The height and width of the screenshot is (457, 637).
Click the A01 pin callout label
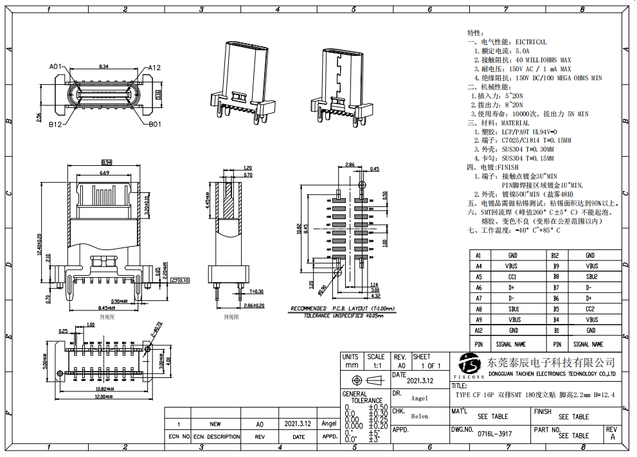(x=55, y=66)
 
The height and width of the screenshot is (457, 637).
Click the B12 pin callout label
(x=55, y=125)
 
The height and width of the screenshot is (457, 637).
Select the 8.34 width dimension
(x=103, y=66)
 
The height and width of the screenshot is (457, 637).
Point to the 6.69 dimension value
(x=104, y=173)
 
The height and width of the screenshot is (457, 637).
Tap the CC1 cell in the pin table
(x=512, y=277)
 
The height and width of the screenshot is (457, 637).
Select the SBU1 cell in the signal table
(x=512, y=309)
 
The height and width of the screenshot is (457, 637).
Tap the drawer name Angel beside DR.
(x=419, y=398)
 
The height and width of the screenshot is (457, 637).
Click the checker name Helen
(x=419, y=416)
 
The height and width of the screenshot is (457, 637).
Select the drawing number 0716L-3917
(x=495, y=434)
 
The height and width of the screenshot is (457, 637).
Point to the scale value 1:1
(x=375, y=366)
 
